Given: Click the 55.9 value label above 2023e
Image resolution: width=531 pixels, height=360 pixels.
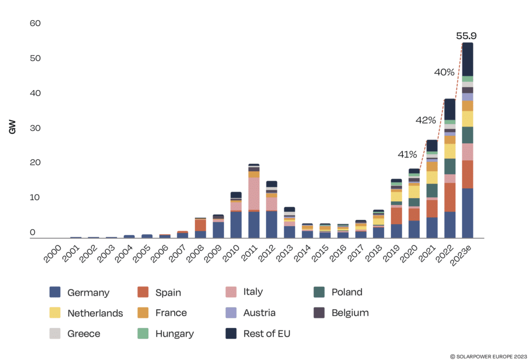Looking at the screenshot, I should tap(467, 36).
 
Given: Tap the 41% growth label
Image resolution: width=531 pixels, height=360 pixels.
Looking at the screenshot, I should tap(408, 154).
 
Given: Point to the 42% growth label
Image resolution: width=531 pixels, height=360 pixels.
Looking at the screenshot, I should tap(426, 120).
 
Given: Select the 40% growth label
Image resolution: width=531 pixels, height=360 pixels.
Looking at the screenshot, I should tap(444, 73).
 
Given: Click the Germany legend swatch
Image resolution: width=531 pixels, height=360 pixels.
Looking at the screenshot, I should tap(55, 292).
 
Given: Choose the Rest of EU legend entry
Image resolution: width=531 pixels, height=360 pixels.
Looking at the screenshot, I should tap(267, 334).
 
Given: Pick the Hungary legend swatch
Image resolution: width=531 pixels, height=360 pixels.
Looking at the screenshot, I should tap(144, 334).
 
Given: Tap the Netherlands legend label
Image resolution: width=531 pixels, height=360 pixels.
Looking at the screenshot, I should tap(95, 313).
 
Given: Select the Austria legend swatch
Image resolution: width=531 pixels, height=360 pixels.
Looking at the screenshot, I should tap(231, 313).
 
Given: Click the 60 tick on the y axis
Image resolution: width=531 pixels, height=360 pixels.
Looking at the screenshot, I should tap(35, 23).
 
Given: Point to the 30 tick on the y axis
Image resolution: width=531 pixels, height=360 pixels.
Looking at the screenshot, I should tap(35, 128).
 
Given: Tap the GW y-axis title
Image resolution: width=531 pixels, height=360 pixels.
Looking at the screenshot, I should tap(12, 128).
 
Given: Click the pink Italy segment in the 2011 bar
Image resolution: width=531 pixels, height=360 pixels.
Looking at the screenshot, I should tap(254, 193).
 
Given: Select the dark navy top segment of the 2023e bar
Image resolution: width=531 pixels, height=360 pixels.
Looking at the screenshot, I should tap(467, 59).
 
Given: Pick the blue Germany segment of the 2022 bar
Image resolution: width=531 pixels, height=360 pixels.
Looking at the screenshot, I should tap(450, 224).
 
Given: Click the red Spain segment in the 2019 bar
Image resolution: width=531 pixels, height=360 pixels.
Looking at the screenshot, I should tap(396, 216).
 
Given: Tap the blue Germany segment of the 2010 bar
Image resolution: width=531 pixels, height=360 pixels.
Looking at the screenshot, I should tap(236, 225).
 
